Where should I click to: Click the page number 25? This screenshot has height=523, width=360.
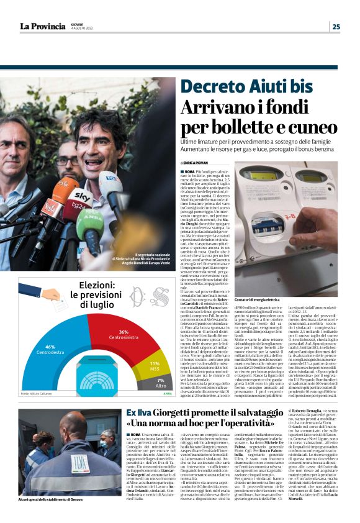tap(336, 26)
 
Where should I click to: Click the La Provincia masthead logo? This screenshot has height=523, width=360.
tap(42, 26)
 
